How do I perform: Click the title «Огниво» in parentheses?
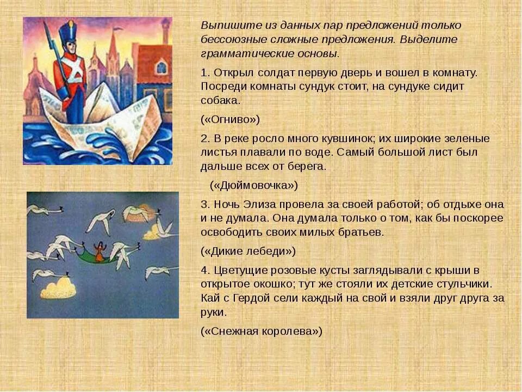pyautogui.click(x=231, y=119)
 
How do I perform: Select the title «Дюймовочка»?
pyautogui.click(x=254, y=185)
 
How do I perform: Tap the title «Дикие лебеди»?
pyautogui.click(x=248, y=251)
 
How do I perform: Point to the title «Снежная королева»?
pyautogui.click(x=262, y=330)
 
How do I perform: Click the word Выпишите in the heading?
pyautogui.click(x=223, y=26)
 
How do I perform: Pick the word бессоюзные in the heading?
pyautogui.click(x=228, y=40)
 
